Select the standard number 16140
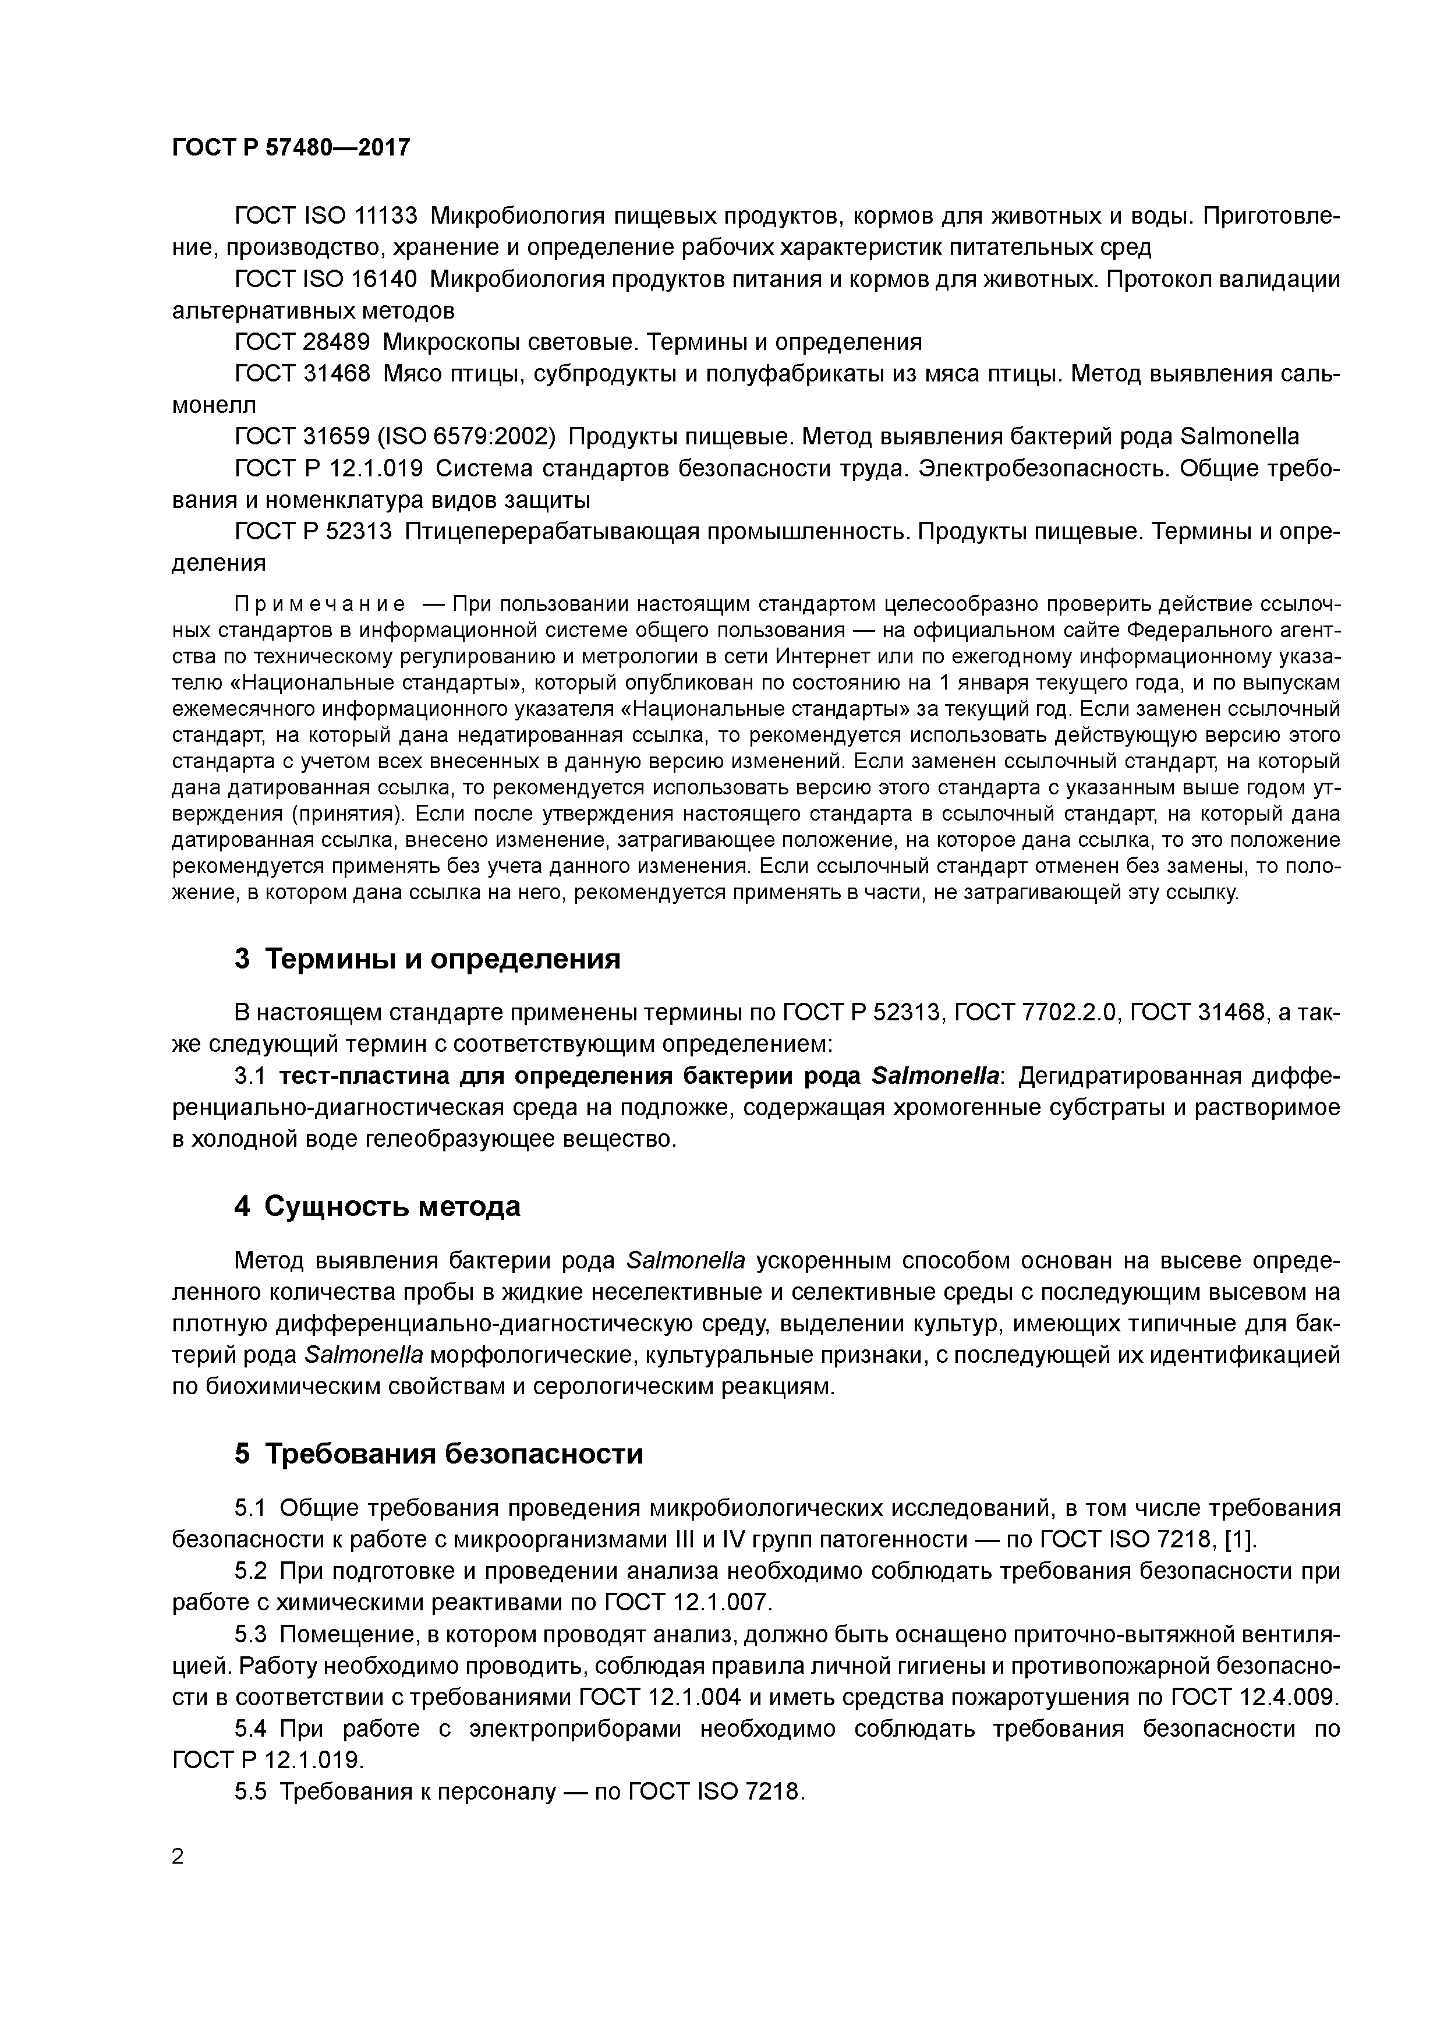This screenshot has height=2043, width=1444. point(384,280)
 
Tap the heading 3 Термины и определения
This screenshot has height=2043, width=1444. point(427,959)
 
